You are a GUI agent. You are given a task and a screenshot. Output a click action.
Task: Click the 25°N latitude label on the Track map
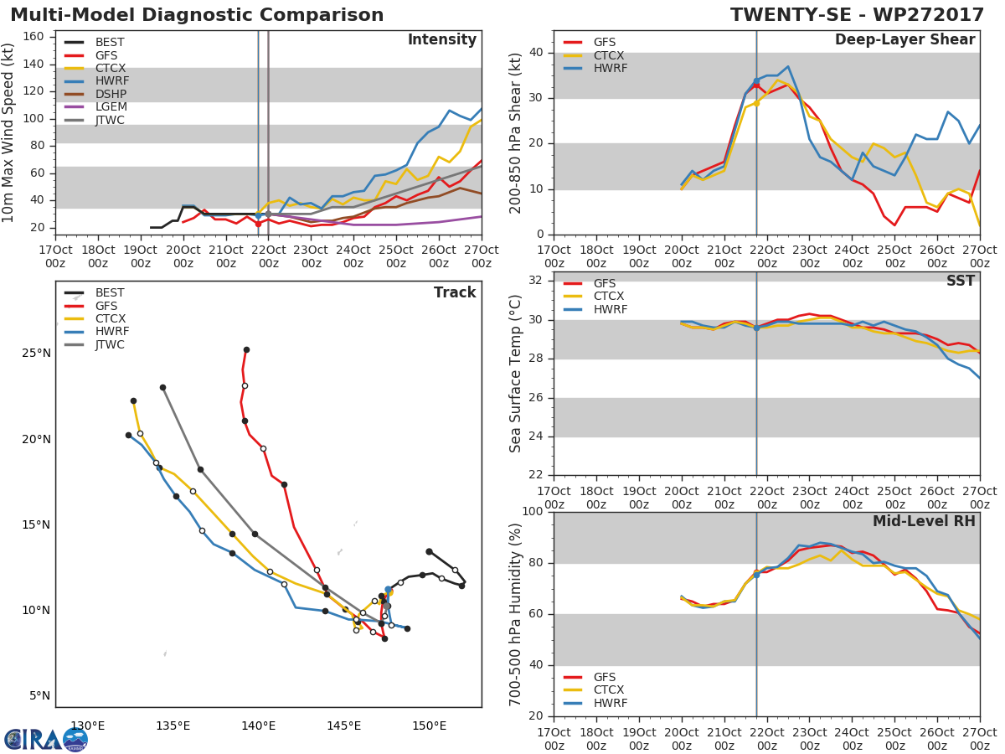[x=35, y=353]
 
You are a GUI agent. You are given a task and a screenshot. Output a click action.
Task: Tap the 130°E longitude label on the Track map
[x=87, y=726]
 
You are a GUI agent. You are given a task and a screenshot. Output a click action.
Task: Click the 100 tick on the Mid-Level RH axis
[x=533, y=512]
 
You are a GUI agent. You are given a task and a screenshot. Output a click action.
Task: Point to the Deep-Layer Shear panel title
[x=904, y=40]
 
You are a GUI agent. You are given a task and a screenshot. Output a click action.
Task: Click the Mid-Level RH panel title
[x=924, y=521]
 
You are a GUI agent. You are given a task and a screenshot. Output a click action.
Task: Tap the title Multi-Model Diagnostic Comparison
[x=197, y=15]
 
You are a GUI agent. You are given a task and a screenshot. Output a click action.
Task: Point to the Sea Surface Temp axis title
[x=517, y=374]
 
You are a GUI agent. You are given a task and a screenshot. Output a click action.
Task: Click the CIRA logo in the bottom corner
[x=45, y=739]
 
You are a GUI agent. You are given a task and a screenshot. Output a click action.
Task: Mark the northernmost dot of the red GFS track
[x=246, y=350]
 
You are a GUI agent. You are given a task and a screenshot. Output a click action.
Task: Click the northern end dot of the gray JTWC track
[x=162, y=388]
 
